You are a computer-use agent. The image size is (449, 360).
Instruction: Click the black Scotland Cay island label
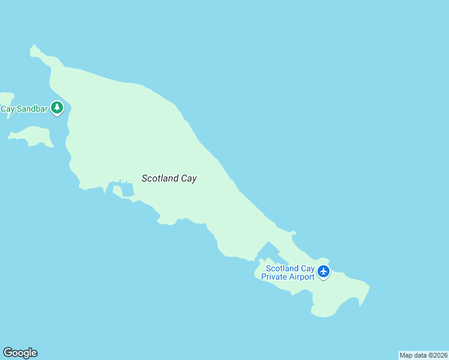[169, 178]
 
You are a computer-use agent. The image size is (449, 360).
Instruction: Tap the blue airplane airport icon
[324, 272]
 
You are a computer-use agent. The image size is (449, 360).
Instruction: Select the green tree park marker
[57, 108]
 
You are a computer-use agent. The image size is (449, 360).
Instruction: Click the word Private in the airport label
[274, 277]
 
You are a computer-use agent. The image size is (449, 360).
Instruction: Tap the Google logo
[20, 353]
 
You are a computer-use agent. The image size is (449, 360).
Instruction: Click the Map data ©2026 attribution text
[424, 355]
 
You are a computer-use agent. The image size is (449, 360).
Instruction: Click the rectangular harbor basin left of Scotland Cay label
[127, 191]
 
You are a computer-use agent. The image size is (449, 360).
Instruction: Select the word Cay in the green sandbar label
[7, 109]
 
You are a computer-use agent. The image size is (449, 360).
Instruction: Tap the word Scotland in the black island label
[159, 178]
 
